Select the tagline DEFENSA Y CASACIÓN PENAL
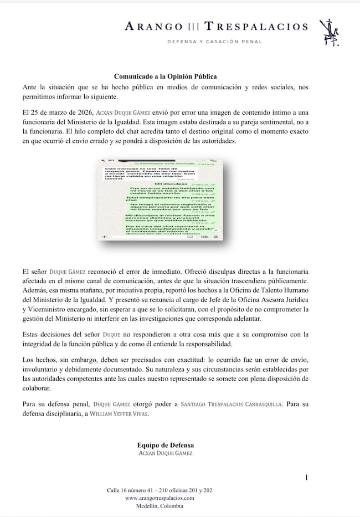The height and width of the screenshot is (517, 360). (215, 42)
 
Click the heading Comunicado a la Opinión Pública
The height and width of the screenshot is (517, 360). (165, 76)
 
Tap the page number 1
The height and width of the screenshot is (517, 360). (307, 477)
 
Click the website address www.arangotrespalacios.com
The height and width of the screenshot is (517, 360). (164, 498)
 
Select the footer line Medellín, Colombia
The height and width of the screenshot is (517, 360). (164, 505)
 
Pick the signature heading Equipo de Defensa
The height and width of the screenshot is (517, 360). (165, 445)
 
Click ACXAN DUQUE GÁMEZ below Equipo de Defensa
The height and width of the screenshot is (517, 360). (165, 453)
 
